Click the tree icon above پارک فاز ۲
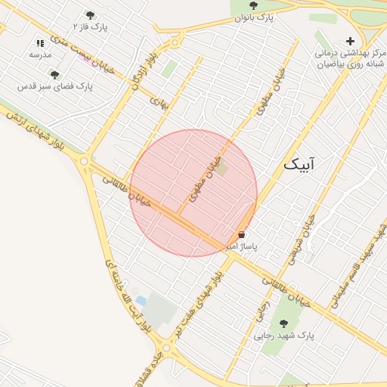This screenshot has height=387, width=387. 91,15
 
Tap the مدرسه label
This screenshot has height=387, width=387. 40,55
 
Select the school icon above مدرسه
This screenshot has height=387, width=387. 40,44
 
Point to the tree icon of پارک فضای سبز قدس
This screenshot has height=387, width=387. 54,75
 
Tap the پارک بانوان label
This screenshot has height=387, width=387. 253,17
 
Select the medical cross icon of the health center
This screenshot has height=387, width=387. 349,41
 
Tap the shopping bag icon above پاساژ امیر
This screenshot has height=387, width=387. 241,235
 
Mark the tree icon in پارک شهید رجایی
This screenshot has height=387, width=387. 283,324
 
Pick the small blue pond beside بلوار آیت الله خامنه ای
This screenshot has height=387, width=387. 141,301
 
